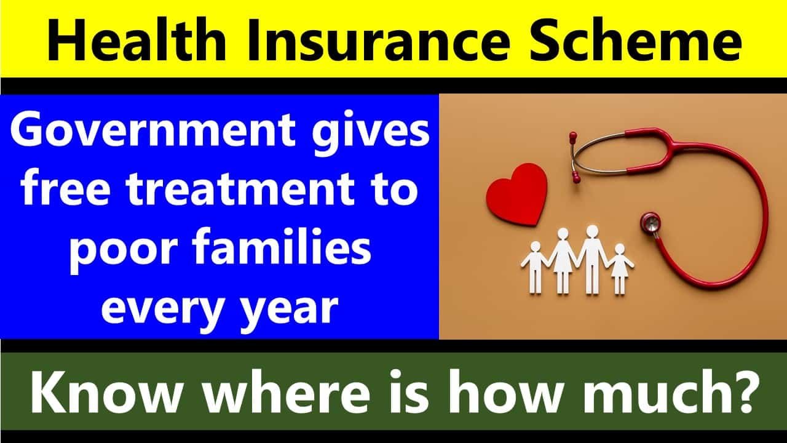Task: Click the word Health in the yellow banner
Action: (136, 39)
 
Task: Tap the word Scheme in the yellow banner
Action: (635, 39)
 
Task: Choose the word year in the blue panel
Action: (290, 309)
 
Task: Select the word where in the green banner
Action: (286, 391)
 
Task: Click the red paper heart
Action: (516, 194)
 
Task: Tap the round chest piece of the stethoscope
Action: (651, 222)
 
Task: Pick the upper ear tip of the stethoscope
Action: (573, 136)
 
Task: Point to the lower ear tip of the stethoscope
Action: (577, 177)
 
